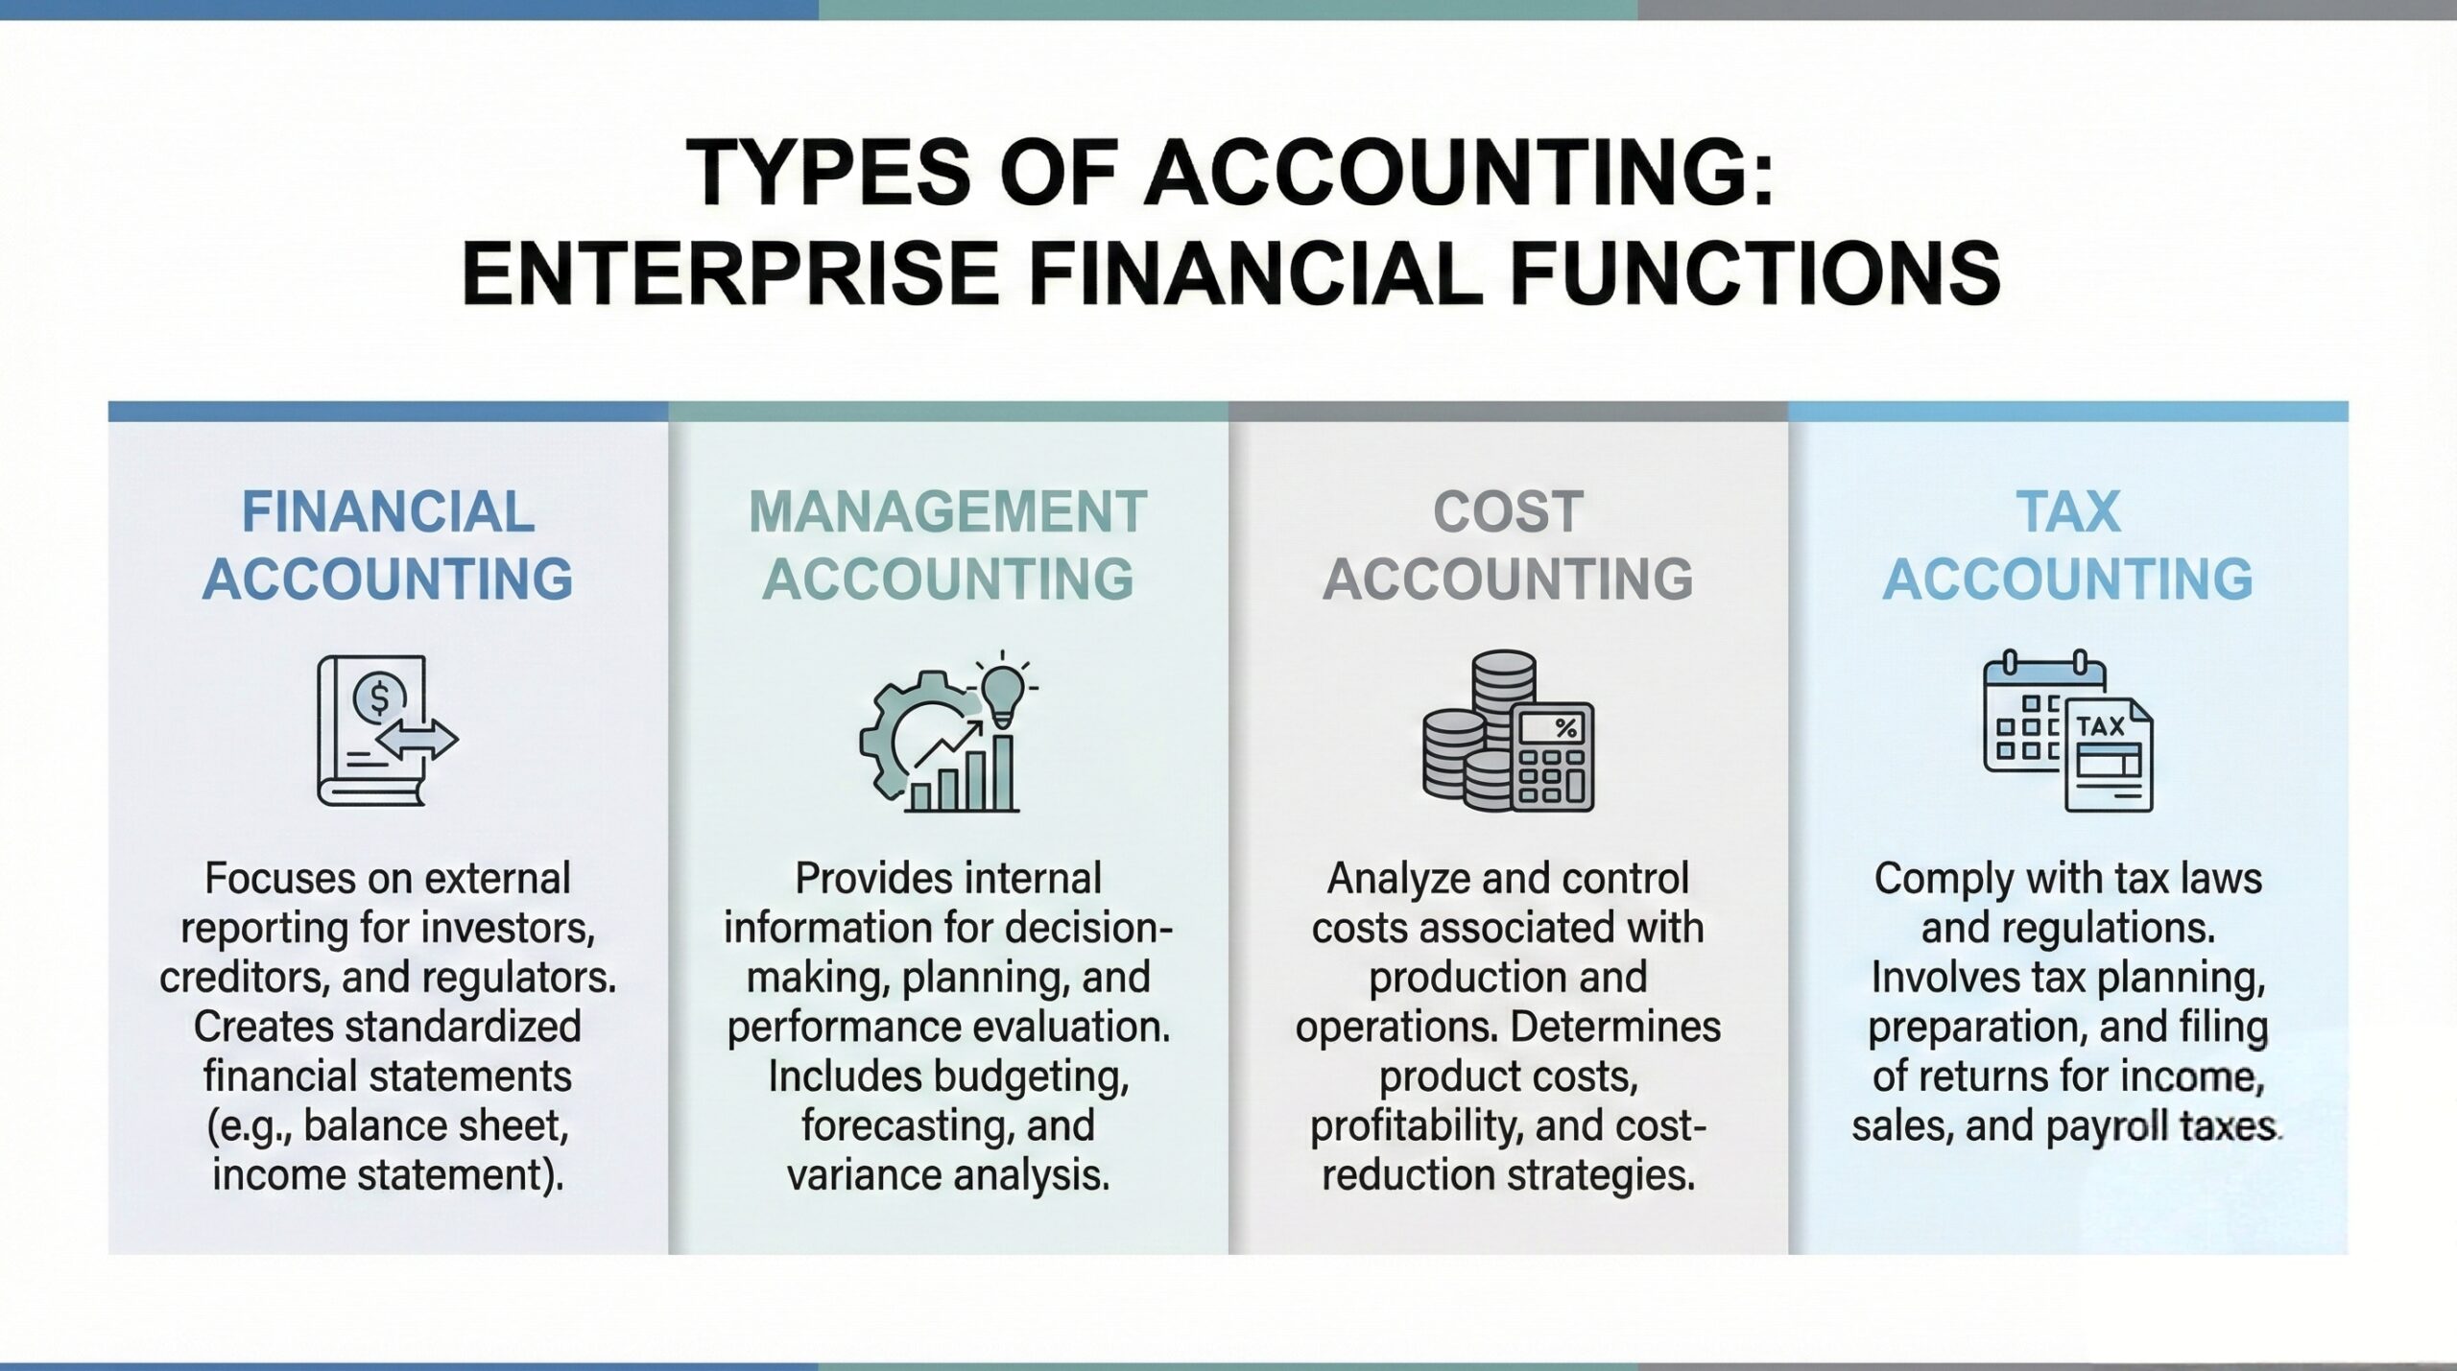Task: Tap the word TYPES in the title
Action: [x=828, y=174]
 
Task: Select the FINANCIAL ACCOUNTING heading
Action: [x=388, y=545]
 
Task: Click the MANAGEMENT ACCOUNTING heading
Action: [x=947, y=545]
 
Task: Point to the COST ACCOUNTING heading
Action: [x=1508, y=545]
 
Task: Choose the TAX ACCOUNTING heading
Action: [x=2067, y=545]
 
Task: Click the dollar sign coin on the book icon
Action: [x=379, y=697]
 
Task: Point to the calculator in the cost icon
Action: [x=1553, y=758]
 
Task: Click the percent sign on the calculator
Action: [x=1565, y=728]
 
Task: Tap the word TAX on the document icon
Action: [x=2101, y=726]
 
